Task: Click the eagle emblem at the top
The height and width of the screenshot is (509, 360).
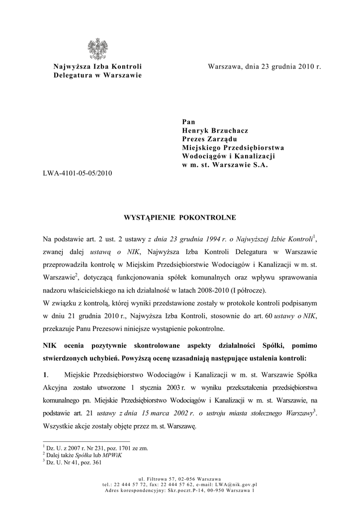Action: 97,49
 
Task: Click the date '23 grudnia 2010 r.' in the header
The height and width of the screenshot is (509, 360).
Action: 288,67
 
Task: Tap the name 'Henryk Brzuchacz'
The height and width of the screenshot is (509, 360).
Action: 215,130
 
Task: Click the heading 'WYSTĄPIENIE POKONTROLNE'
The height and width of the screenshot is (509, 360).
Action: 180,218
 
